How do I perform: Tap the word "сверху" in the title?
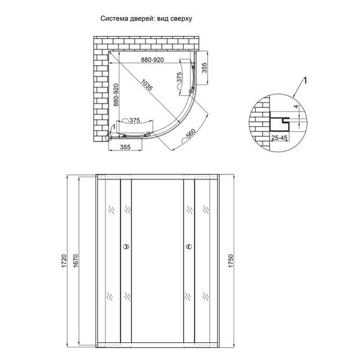[x=179, y=18]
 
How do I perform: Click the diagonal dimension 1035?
[x=147, y=86]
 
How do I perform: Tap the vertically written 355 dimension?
[x=204, y=68]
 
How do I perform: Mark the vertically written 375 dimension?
[x=179, y=77]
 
